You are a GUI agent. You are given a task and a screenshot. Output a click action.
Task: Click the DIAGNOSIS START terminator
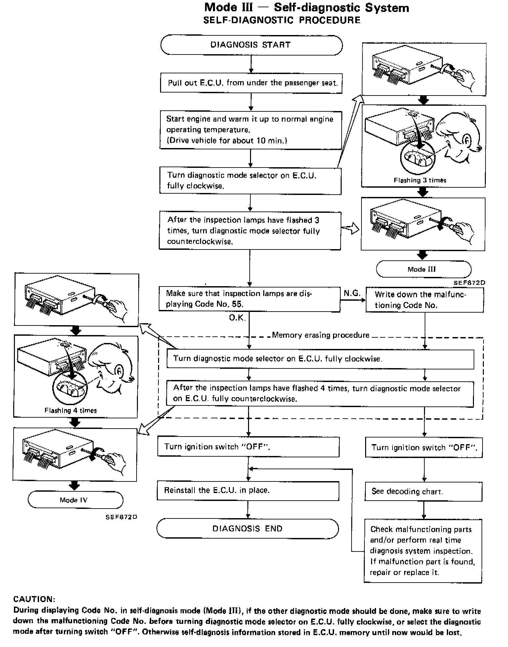pyautogui.click(x=251, y=45)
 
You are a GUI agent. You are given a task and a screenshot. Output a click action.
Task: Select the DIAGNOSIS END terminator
pyautogui.click(x=247, y=528)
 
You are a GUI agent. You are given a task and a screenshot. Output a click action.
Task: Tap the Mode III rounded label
pyautogui.click(x=423, y=269)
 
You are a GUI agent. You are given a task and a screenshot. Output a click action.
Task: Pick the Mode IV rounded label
pyautogui.click(x=75, y=500)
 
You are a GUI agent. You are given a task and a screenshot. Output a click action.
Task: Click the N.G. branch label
pyautogui.click(x=352, y=293)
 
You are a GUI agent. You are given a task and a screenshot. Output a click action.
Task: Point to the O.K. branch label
pyautogui.click(x=237, y=318)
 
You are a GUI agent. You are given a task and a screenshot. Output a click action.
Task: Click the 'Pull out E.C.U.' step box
pyautogui.click(x=251, y=83)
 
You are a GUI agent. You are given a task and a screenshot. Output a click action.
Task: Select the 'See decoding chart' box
pyautogui.click(x=423, y=491)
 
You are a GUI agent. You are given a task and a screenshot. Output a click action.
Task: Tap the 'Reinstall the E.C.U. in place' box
pyautogui.click(x=248, y=490)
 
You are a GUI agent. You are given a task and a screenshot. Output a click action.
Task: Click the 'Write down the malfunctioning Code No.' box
pyautogui.click(x=425, y=300)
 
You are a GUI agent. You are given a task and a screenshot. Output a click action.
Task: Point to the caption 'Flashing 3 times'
pyautogui.click(x=420, y=180)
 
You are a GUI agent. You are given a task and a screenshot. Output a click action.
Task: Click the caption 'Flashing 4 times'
pyautogui.click(x=71, y=410)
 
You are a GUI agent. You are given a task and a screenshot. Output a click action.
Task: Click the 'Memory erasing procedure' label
pyautogui.click(x=320, y=335)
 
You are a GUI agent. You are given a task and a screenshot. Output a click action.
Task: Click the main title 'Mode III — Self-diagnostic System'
pyautogui.click(x=306, y=8)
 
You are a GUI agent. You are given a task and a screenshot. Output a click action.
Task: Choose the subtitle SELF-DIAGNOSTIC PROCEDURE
pyautogui.click(x=281, y=20)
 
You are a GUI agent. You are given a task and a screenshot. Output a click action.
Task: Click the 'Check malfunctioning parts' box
pyautogui.click(x=423, y=551)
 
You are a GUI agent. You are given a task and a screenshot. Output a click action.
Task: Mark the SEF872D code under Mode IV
pyautogui.click(x=121, y=517)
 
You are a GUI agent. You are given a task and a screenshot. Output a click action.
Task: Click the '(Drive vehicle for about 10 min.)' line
pyautogui.click(x=227, y=140)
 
